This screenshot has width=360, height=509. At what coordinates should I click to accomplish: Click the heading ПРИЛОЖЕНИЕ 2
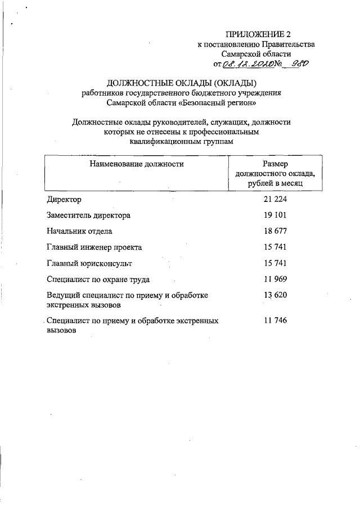pyautogui.click(x=258, y=34)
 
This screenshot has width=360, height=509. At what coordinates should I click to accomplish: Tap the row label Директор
pyautogui.click(x=64, y=200)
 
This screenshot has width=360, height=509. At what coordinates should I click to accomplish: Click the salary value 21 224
pyautogui.click(x=275, y=200)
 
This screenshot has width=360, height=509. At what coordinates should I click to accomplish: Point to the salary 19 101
pyautogui.click(x=275, y=215)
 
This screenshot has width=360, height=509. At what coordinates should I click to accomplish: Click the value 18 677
pyautogui.click(x=275, y=231)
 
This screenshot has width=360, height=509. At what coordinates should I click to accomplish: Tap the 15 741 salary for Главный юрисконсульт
pyautogui.click(x=275, y=263)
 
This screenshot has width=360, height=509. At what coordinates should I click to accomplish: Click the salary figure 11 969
pyautogui.click(x=275, y=279)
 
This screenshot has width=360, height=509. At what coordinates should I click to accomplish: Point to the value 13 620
pyautogui.click(x=275, y=295)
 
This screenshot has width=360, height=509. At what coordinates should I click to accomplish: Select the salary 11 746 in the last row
pyautogui.click(x=275, y=320)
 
